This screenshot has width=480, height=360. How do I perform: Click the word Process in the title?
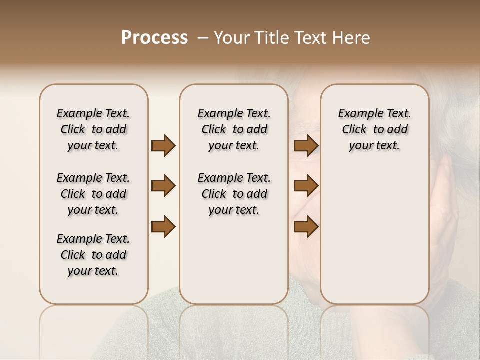pyautogui.click(x=154, y=38)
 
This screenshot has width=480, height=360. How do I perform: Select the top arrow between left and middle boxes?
pyautogui.click(x=163, y=146)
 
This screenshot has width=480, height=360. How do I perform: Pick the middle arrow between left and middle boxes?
pyautogui.click(x=163, y=186)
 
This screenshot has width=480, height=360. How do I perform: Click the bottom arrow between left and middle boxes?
pyautogui.click(x=163, y=227)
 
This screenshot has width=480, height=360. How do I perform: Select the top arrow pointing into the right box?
pyautogui.click(x=306, y=146)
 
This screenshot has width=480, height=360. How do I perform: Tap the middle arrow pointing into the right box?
pyautogui.click(x=306, y=186)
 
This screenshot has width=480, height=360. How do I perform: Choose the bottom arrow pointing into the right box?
pyautogui.click(x=306, y=227)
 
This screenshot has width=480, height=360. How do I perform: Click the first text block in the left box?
pyautogui.click(x=93, y=129)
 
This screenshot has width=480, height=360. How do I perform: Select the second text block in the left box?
pyautogui.click(x=93, y=194)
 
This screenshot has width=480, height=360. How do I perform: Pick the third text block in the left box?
pyautogui.click(x=93, y=255)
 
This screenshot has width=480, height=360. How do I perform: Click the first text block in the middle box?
pyautogui.click(x=234, y=129)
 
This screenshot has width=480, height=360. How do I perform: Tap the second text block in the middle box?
pyautogui.click(x=234, y=194)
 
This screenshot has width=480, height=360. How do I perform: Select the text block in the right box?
pyautogui.click(x=375, y=129)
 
